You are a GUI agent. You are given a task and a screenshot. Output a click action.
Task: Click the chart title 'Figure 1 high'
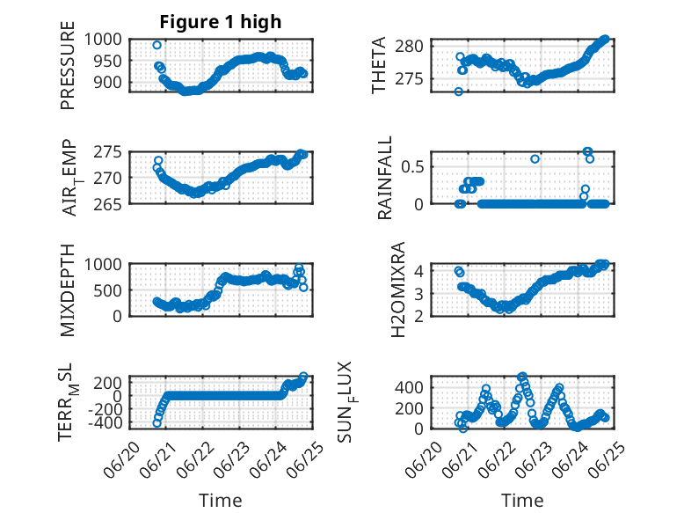tap(221, 22)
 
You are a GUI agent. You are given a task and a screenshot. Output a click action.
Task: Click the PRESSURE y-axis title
tap(68, 65)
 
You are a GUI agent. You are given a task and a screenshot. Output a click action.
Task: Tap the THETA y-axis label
tap(379, 65)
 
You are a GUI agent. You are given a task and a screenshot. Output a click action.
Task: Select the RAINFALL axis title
tap(385, 178)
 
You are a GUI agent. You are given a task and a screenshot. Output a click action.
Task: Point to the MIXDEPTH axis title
tap(68, 290)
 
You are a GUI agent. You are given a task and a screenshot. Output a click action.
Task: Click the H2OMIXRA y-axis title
tap(398, 289)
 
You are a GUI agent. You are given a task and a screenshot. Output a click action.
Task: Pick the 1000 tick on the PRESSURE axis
tap(103, 40)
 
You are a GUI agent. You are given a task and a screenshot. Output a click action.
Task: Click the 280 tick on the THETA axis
tap(409, 46)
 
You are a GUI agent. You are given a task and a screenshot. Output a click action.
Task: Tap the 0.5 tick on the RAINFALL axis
tap(412, 167)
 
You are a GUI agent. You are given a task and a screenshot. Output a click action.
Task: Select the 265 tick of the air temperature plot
tap(108, 204)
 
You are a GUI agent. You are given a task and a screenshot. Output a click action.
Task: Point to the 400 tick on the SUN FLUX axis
tap(409, 387)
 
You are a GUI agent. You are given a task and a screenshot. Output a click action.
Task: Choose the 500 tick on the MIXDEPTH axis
tap(108, 290)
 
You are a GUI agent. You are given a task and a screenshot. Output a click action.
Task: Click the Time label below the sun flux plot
tap(522, 501)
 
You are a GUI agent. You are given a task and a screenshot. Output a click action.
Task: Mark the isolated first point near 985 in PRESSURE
tap(157, 45)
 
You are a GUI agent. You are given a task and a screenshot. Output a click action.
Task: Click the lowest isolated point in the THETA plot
tap(458, 92)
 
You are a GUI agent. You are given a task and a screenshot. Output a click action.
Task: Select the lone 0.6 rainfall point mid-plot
tap(535, 159)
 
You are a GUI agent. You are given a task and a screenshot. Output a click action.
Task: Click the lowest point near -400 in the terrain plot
tap(157, 423)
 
